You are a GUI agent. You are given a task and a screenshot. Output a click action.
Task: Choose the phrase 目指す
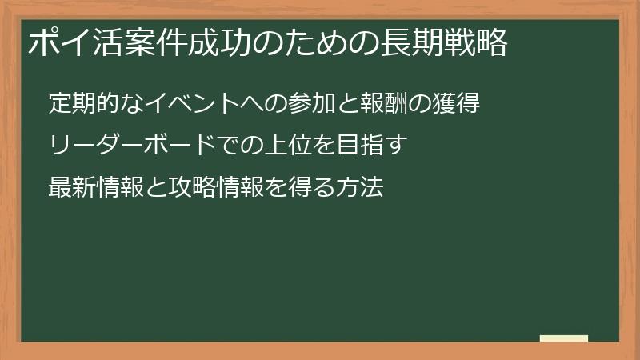point(383,146)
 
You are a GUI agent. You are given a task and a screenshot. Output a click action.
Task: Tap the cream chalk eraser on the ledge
point(563,338)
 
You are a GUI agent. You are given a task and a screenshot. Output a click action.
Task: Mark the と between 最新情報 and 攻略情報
point(155,187)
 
